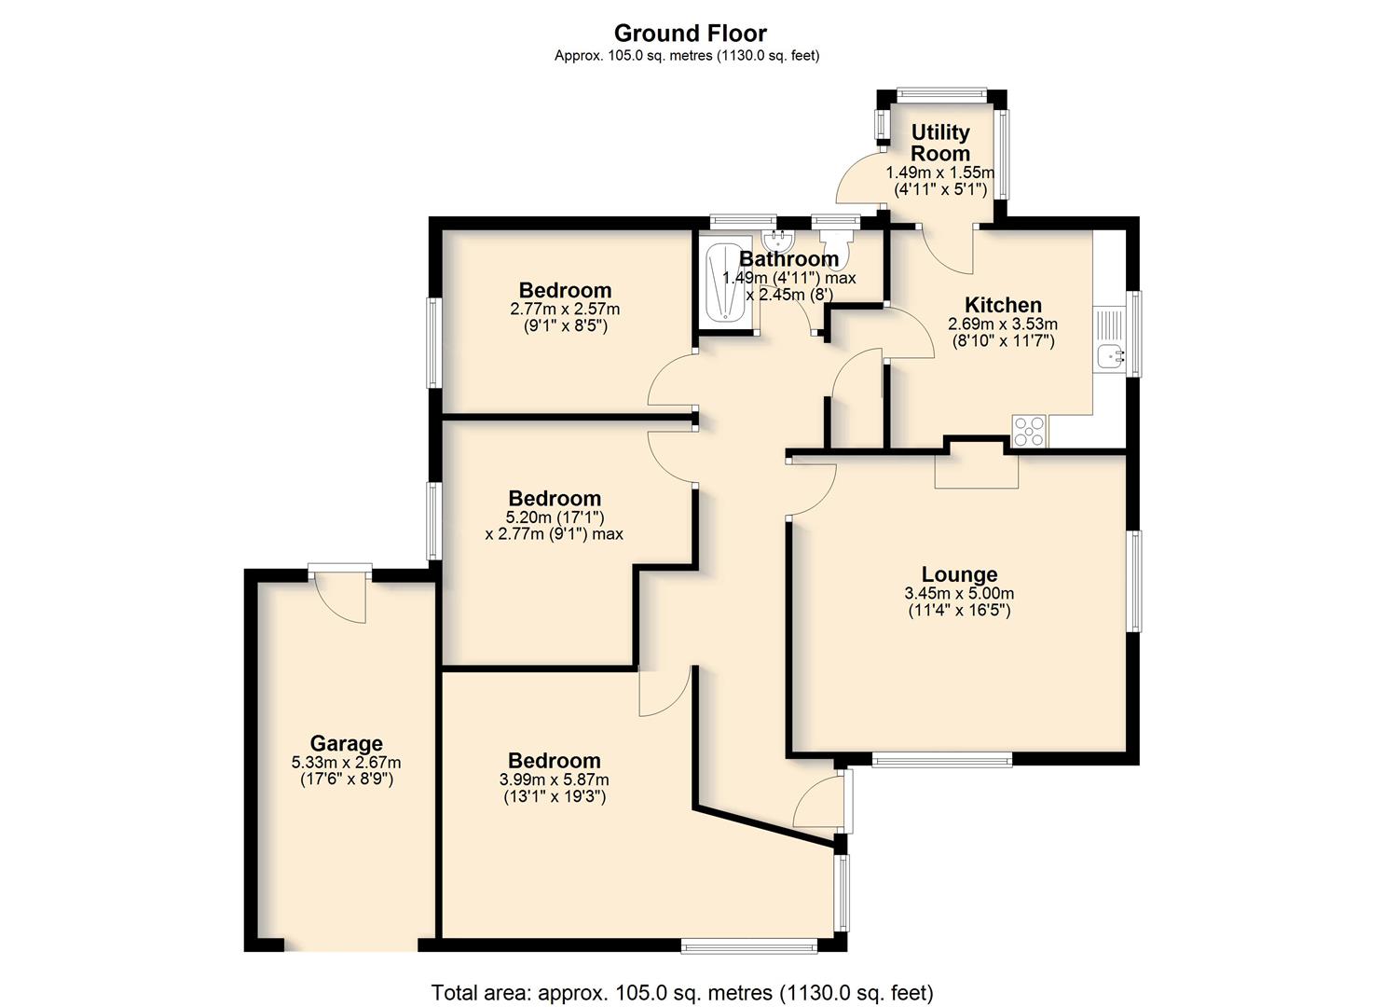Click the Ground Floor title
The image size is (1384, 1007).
pyautogui.click(x=691, y=33)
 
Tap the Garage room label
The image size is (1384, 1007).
pyautogui.click(x=346, y=743)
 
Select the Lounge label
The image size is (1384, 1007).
pyautogui.click(x=959, y=574)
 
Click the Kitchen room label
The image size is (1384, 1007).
pyautogui.click(x=1003, y=305)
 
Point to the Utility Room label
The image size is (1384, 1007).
pyautogui.click(x=940, y=143)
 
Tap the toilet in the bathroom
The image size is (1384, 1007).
pyautogui.click(x=835, y=247)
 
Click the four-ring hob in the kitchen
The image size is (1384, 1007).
pyautogui.click(x=1029, y=431)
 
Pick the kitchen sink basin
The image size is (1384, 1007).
pyautogui.click(x=1111, y=356)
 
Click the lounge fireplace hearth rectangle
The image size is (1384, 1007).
pyautogui.click(x=976, y=473)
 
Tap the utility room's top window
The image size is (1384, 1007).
pyautogui.click(x=942, y=93)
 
